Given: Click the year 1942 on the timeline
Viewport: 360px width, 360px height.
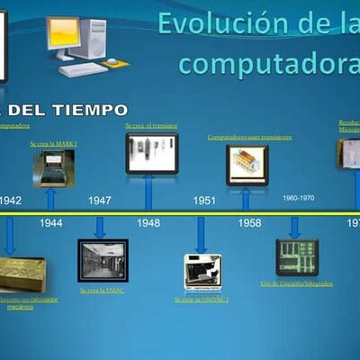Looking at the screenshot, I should pyautogui.click(x=10, y=201).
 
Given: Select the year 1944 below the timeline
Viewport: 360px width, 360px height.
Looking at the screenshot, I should pyautogui.click(x=51, y=222).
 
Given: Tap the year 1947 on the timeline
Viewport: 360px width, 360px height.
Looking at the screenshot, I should pyautogui.click(x=101, y=201).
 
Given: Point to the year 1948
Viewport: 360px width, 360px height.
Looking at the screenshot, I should pyautogui.click(x=148, y=222).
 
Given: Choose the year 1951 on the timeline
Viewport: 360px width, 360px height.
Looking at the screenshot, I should pyautogui.click(x=203, y=201).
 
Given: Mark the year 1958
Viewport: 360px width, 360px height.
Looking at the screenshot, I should pyautogui.click(x=250, y=222).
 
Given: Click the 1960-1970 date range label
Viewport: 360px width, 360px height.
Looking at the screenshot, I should pyautogui.click(x=298, y=197).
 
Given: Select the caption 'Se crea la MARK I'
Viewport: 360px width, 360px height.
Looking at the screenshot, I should pyautogui.click(x=54, y=143).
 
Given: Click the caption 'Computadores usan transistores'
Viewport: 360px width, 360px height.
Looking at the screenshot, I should pyautogui.click(x=250, y=138).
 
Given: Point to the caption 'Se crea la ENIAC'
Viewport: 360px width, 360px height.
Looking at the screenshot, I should pyautogui.click(x=101, y=290).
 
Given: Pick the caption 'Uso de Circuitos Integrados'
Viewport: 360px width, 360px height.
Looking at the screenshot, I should pyautogui.click(x=297, y=283).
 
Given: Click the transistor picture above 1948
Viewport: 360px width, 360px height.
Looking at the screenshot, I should pyautogui.click(x=151, y=153).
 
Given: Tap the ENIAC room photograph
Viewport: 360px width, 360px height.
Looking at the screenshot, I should pyautogui.click(x=103, y=261).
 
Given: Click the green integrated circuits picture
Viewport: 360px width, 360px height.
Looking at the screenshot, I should pyautogui.click(x=294, y=257).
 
